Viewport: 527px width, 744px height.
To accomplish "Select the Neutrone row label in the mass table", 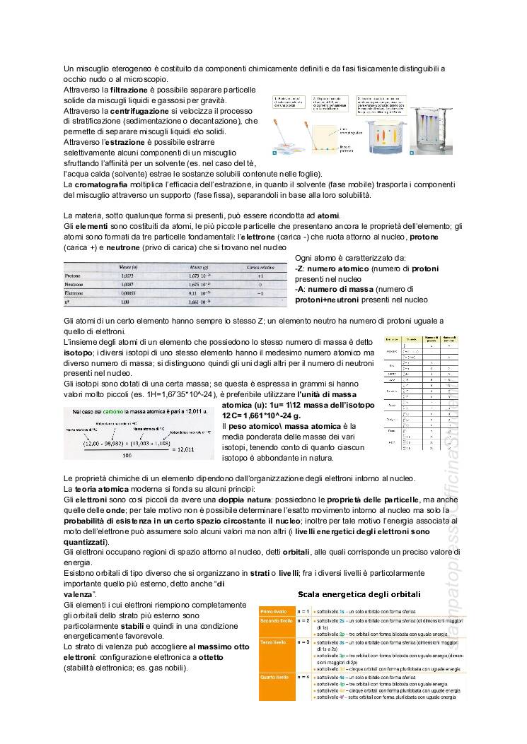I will tap(76, 284).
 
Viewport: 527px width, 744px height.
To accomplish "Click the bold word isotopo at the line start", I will tap(78, 352).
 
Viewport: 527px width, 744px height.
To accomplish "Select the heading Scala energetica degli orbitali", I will tap(359, 594).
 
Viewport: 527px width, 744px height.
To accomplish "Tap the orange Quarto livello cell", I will tap(276, 676).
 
